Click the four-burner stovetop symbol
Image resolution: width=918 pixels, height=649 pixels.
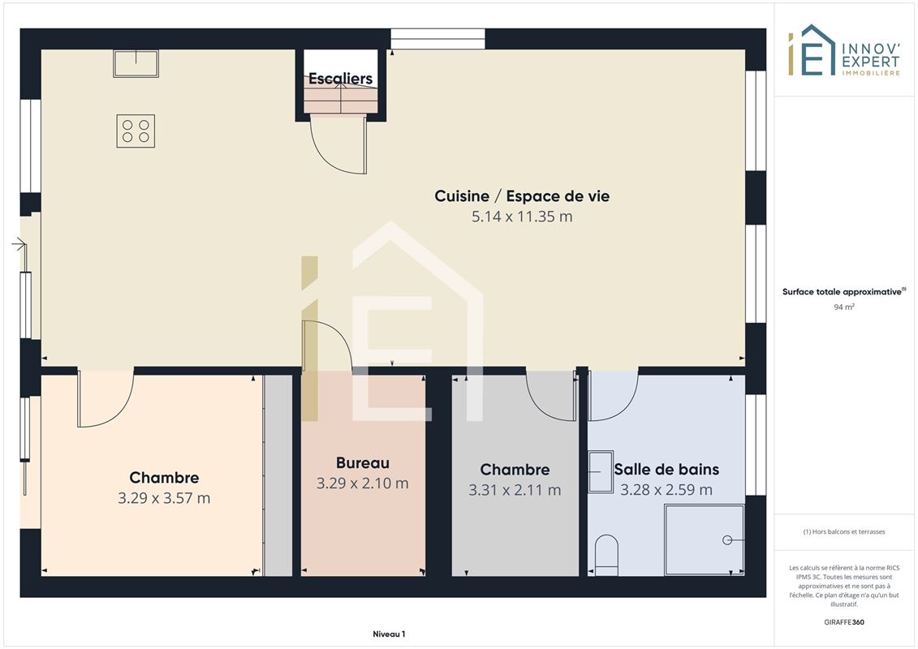pyautogui.click(x=136, y=131)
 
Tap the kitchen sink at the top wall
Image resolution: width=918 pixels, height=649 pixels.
pyautogui.click(x=136, y=63)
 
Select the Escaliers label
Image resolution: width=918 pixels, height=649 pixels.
pyautogui.click(x=340, y=79)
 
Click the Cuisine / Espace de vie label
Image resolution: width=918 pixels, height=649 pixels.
pyautogui.click(x=522, y=196)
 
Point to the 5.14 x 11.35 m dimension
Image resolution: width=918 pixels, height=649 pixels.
pyautogui.click(x=522, y=217)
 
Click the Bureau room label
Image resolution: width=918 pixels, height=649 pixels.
pyautogui.click(x=362, y=463)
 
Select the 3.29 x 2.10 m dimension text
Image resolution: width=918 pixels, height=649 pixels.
pyautogui.click(x=362, y=484)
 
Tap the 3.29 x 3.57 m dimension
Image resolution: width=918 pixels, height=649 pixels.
pyautogui.click(x=164, y=498)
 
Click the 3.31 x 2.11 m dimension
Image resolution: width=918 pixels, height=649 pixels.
pyautogui.click(x=515, y=490)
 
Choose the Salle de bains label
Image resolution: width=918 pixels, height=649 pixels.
pyautogui.click(x=666, y=470)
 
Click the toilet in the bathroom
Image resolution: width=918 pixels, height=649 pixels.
pyautogui.click(x=606, y=555)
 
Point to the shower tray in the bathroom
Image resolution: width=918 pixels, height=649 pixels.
pyautogui.click(x=705, y=540)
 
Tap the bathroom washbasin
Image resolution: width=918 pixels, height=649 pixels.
pyautogui.click(x=600, y=471)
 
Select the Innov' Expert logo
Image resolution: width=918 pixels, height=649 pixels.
pyautogui.click(x=843, y=50)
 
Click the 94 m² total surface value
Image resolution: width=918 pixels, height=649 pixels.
pyautogui.click(x=843, y=307)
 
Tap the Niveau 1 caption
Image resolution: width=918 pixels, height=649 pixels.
pyautogui.click(x=389, y=634)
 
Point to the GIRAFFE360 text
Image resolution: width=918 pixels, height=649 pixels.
pyautogui.click(x=843, y=622)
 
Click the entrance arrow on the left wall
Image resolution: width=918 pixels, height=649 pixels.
pyautogui.click(x=19, y=245)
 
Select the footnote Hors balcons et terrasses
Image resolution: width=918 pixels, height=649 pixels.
pyautogui.click(x=843, y=532)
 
